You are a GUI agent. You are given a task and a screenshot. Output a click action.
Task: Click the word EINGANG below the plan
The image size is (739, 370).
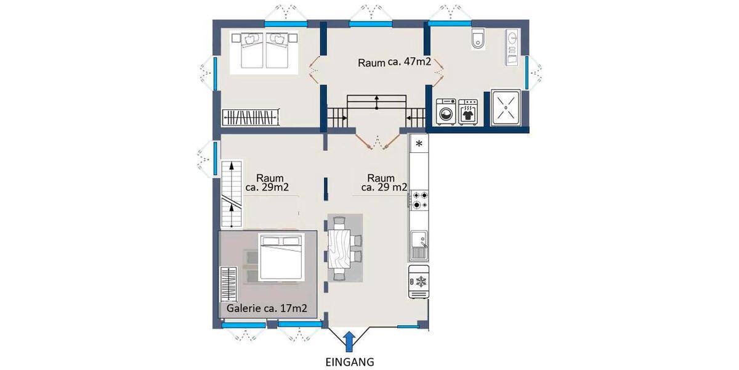[349, 361]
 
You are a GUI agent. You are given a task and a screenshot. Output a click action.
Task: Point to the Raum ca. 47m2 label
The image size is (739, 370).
[394, 62]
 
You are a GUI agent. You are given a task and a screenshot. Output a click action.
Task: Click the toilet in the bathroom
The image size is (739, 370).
[478, 39]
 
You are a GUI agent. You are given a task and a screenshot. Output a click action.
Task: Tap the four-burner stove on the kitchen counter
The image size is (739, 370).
[419, 200]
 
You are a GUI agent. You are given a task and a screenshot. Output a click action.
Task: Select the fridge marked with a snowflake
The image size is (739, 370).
[419, 282]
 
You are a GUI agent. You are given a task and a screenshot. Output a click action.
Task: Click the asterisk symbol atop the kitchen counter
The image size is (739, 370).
[419, 144]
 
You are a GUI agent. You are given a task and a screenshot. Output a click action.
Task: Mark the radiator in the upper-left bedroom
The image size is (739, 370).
[249, 117]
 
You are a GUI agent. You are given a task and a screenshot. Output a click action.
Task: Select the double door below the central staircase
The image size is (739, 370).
[376, 141]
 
